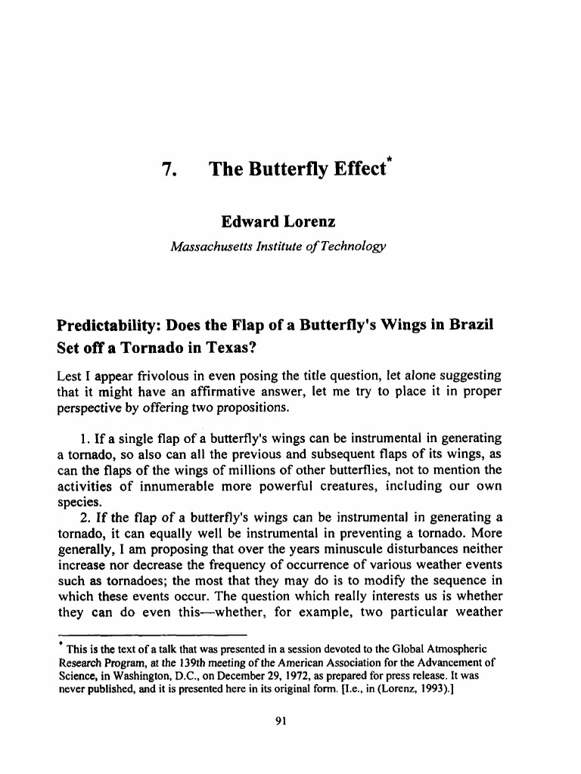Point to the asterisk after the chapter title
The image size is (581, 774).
(x=391, y=160)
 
